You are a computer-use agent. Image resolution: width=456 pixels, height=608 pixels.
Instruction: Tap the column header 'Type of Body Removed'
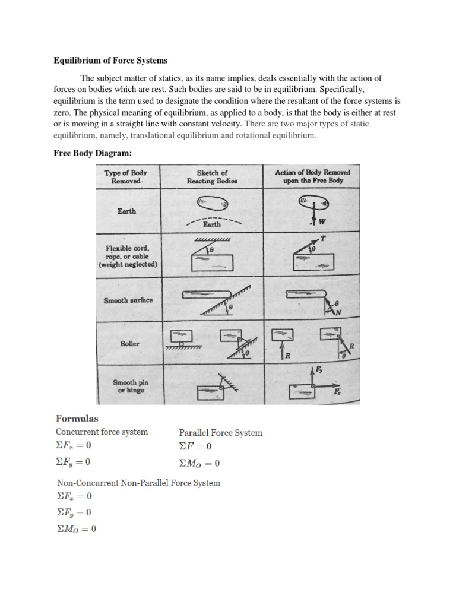(125, 176)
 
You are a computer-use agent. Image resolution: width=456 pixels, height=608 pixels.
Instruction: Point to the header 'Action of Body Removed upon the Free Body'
(312, 176)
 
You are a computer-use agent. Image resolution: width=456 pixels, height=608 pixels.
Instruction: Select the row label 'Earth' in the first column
(127, 211)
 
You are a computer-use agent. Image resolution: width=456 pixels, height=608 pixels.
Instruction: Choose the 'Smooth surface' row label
(128, 300)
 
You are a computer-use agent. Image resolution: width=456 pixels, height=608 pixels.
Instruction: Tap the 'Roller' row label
(129, 343)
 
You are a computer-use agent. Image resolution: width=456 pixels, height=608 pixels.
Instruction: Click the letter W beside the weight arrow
(322, 223)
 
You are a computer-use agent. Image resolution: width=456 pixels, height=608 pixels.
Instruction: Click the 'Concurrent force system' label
(102, 432)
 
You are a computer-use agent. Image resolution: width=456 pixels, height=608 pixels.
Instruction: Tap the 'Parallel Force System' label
(220, 433)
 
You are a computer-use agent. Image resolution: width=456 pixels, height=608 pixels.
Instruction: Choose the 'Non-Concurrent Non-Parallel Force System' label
(138, 483)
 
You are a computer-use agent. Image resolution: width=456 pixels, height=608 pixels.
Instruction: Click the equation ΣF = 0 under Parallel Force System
(195, 446)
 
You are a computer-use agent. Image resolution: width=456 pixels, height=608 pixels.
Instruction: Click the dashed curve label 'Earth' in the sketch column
(212, 224)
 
